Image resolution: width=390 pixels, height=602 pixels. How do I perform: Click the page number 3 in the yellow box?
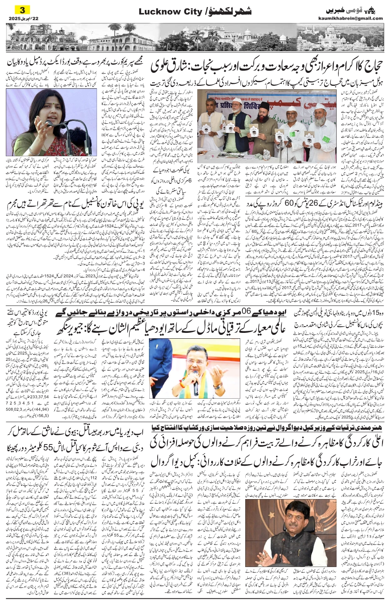pyautogui.click(x=22, y=9)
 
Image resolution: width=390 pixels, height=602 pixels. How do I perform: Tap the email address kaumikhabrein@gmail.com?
pyautogui.click(x=356, y=18)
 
